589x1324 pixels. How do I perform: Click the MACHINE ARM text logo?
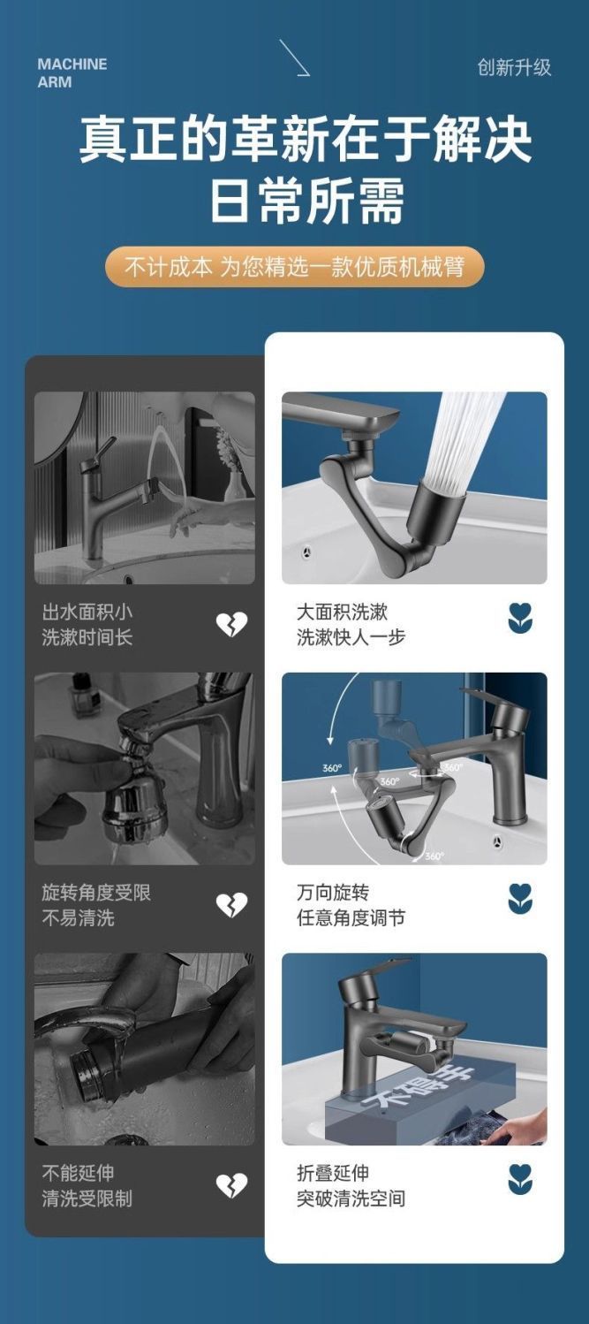[72, 73]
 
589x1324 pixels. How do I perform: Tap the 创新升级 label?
[514, 67]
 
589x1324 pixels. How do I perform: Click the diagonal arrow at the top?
[294, 57]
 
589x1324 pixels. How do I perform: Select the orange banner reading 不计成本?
[295, 267]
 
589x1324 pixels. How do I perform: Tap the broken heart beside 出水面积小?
[231, 624]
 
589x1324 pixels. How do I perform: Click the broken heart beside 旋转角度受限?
[231, 905]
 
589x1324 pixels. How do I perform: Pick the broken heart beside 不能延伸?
[231, 1186]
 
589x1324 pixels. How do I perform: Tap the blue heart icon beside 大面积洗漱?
[520, 619]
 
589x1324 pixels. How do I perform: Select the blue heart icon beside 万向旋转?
[520, 899]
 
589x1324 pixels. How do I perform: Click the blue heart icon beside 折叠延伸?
[520, 1180]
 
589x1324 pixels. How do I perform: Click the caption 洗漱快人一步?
[351, 637]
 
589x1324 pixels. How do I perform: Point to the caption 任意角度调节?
[351, 918]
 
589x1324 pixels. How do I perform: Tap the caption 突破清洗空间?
[351, 1198]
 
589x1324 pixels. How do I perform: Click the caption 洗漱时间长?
[87, 637]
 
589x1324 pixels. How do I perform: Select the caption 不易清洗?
[78, 918]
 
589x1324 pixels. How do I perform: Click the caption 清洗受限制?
[87, 1198]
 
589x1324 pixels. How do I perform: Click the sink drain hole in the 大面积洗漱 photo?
[306, 552]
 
